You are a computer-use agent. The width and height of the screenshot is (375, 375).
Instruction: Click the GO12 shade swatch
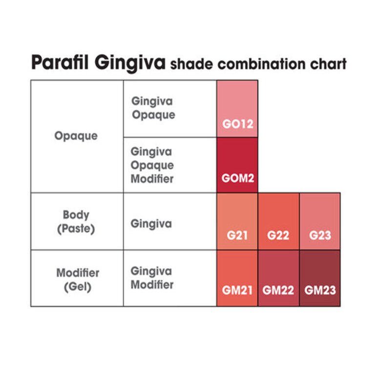click(x=237, y=109)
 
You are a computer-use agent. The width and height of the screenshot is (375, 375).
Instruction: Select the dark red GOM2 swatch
click(x=237, y=165)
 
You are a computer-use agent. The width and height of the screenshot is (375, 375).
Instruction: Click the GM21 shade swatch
click(x=237, y=278)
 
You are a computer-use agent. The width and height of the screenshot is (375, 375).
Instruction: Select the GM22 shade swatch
click(x=278, y=278)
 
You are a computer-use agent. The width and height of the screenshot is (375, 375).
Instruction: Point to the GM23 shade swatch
click(x=320, y=278)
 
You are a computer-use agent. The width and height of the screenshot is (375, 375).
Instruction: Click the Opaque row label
click(x=76, y=136)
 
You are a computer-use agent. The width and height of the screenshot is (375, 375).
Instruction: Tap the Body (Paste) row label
click(x=76, y=222)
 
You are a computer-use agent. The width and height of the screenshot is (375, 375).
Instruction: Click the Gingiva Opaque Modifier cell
click(x=152, y=165)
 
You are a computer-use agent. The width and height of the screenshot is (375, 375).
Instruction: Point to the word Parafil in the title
click(x=60, y=63)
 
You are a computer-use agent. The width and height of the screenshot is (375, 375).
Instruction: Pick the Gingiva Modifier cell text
click(x=152, y=278)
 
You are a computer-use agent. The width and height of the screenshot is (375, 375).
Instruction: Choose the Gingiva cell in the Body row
click(x=151, y=224)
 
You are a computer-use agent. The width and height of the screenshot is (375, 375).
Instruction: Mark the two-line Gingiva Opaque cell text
click(x=153, y=108)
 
